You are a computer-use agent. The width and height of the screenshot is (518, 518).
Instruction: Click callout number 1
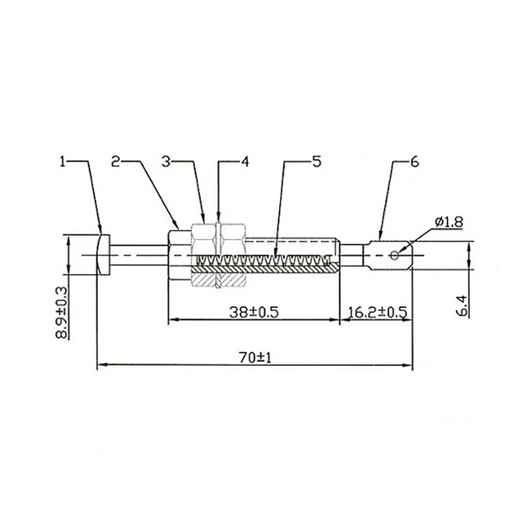[x=63, y=162]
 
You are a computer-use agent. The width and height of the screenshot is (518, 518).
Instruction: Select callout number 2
[x=116, y=162]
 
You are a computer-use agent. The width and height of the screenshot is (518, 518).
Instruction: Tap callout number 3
[x=166, y=162]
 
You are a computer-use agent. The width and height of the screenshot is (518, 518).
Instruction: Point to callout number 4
[x=245, y=162]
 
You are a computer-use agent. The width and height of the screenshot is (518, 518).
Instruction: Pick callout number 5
[x=316, y=162]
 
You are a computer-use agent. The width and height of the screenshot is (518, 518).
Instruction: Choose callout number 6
[x=414, y=162]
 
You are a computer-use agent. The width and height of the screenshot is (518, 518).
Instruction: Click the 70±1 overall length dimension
[x=255, y=358]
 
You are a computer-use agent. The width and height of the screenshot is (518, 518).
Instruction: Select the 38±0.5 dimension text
[x=254, y=312]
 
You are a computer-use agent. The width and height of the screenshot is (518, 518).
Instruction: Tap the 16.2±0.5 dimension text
[x=378, y=312]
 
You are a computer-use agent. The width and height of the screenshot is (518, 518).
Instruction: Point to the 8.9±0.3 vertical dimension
[x=62, y=312]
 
